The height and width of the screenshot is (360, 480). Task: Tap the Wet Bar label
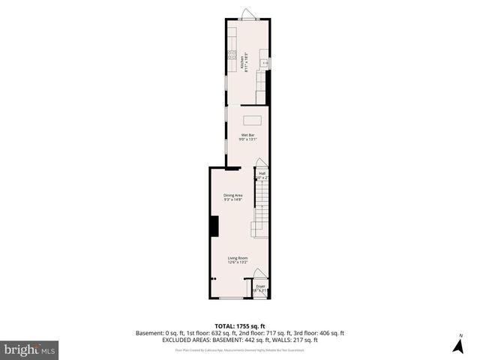(x=247, y=135)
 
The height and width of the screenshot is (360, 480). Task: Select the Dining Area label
(x=232, y=195)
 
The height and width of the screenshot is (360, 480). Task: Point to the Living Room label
(x=238, y=258)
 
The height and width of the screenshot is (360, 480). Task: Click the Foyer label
(x=260, y=286)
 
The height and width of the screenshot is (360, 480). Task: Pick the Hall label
(x=262, y=173)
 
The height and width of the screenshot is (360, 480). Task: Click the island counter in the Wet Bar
(x=252, y=120)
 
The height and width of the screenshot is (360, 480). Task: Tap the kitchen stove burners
(x=232, y=53)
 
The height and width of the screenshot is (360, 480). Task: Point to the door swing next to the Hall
(x=259, y=163)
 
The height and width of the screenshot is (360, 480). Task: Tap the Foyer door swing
(x=259, y=274)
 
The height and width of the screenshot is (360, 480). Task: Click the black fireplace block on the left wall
(x=213, y=226)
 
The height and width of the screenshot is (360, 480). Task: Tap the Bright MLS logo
(x=29, y=349)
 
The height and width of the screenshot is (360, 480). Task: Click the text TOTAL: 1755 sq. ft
(x=239, y=326)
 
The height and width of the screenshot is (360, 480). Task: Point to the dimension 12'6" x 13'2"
(x=238, y=262)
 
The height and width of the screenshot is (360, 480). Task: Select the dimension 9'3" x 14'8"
(x=232, y=199)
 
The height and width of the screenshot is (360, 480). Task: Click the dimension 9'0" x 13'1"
(x=247, y=139)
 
